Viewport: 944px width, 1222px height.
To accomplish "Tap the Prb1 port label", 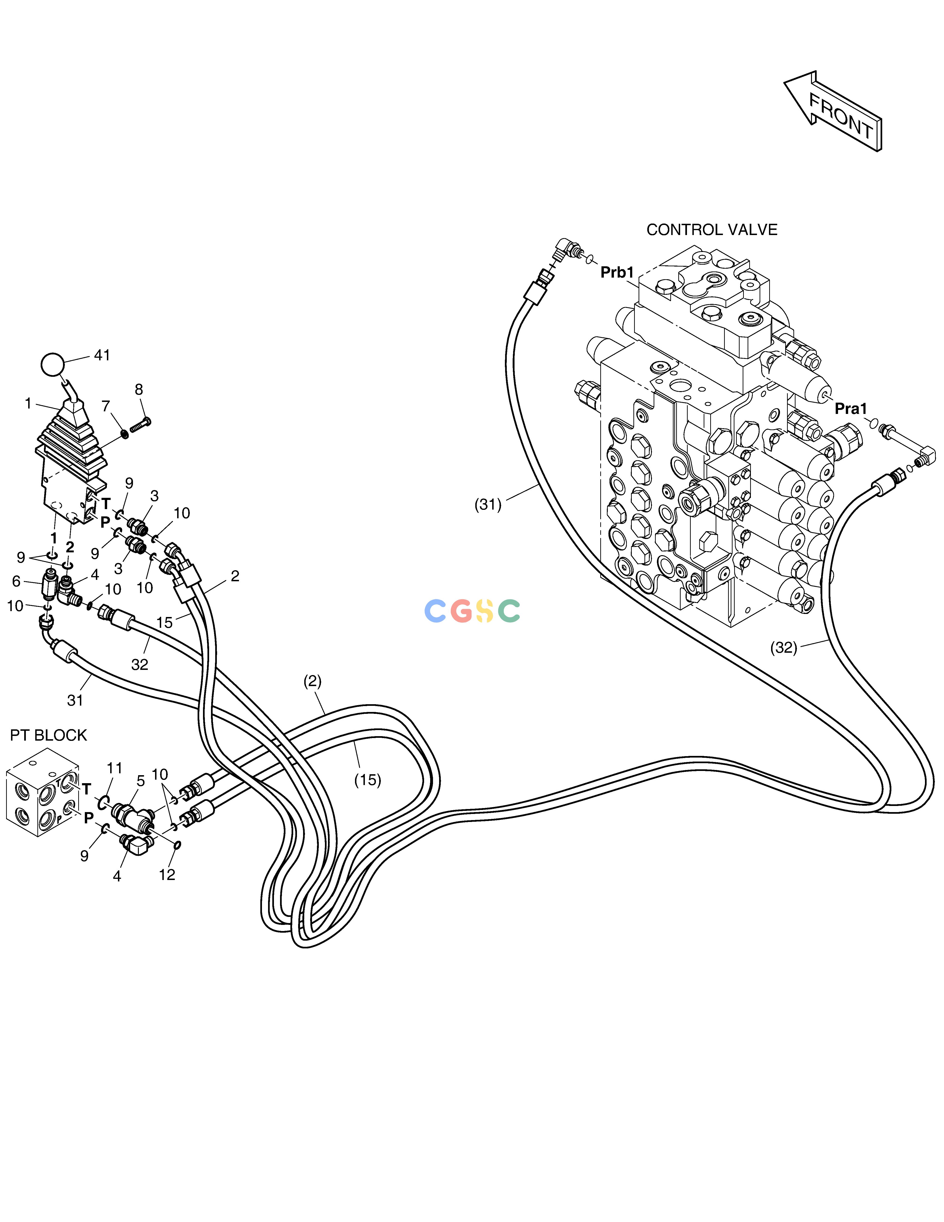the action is (617, 272).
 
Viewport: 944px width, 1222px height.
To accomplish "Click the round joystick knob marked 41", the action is (53, 364).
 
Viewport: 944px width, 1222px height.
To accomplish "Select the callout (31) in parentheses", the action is (488, 505).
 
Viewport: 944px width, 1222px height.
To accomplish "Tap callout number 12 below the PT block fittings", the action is (167, 875).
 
